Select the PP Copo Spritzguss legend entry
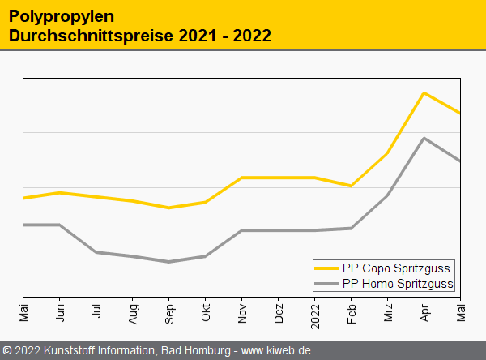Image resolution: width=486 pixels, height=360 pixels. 396,268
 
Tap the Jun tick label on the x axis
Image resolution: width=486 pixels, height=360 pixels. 60,310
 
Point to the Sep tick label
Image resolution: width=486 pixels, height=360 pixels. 169,311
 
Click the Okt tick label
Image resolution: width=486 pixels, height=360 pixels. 206,311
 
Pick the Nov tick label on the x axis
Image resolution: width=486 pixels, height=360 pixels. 242,311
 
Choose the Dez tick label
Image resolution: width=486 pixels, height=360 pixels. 279,311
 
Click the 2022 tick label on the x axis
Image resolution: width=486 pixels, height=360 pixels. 315,312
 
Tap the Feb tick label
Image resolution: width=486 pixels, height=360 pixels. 352,311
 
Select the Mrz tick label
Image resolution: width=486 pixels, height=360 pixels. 388,311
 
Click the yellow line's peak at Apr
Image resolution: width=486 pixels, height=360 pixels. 424,92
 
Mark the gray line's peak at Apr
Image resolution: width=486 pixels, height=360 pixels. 424,138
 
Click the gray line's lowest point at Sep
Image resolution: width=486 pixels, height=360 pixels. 168,262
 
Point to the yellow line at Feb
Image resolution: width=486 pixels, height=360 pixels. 351,186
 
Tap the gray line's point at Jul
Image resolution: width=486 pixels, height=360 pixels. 96,252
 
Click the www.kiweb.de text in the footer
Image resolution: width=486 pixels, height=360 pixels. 276,350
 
